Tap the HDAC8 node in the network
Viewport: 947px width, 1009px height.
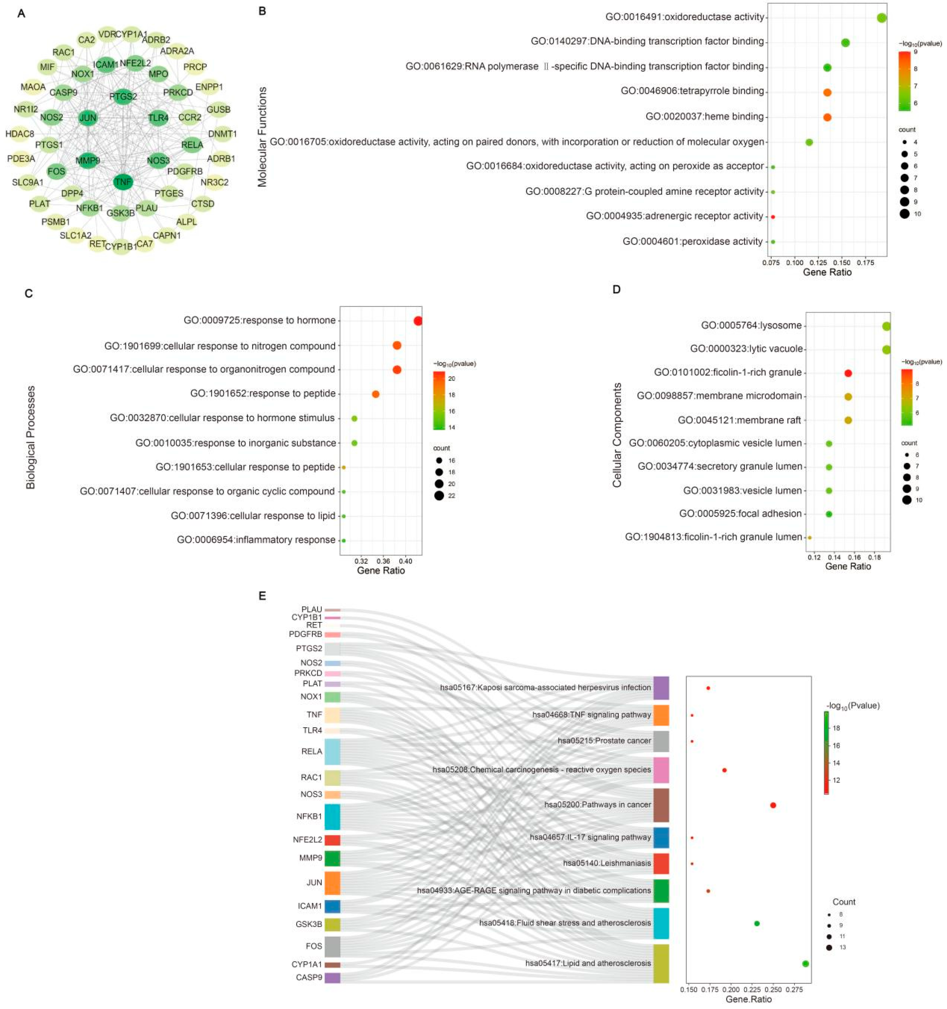(x=20, y=134)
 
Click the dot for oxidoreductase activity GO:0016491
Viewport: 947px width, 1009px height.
(x=881, y=18)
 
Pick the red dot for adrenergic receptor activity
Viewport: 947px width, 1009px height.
(x=772, y=217)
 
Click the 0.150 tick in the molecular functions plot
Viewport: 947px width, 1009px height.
(x=841, y=262)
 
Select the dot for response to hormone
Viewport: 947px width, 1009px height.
(x=418, y=321)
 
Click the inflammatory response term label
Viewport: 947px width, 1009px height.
(x=256, y=539)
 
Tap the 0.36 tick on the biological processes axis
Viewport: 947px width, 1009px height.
(x=383, y=561)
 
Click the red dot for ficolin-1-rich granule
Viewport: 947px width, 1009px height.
(x=848, y=373)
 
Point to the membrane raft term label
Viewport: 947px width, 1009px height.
(x=739, y=420)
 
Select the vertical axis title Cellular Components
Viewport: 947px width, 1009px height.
(x=617, y=435)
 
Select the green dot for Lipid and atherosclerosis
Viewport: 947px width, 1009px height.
(x=805, y=963)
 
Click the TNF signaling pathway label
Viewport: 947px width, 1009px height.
(x=591, y=715)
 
